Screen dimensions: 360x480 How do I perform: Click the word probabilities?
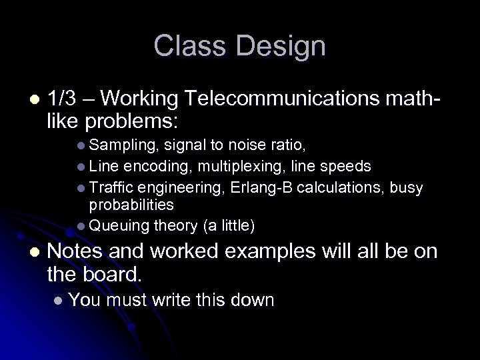[131, 205]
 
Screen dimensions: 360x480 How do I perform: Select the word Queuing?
[119, 227]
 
